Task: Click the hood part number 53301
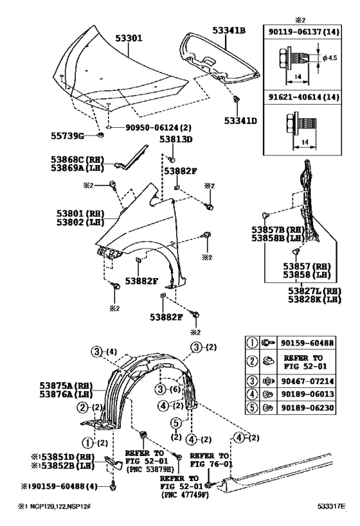pos(129,38)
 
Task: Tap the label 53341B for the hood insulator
pos(229,30)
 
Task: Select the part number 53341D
pos(240,121)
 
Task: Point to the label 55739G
pos(67,136)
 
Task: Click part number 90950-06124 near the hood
pos(159,127)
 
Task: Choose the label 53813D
pos(176,139)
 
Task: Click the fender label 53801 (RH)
pos(80,213)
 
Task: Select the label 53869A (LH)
pos(78,168)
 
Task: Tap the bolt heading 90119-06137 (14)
pos(304,32)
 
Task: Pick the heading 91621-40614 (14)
pos(304,97)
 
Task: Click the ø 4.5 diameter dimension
pos(330,58)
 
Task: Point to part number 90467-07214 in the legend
pos(308,381)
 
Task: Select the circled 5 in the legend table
pos(252,408)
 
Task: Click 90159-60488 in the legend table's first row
pos(308,343)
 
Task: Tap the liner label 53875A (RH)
pos(66,385)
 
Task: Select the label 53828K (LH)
pos(314,299)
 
